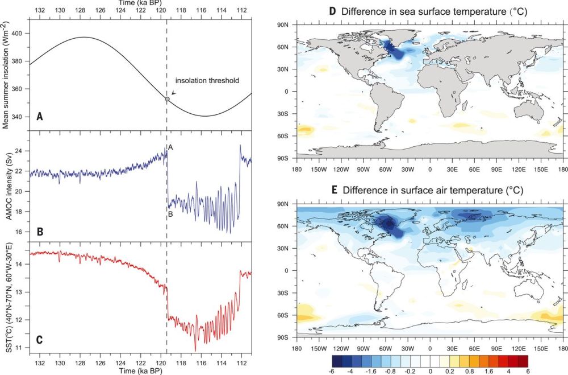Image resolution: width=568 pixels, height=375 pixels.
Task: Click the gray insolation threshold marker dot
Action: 167,98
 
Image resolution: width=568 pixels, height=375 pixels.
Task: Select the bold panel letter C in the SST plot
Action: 39,341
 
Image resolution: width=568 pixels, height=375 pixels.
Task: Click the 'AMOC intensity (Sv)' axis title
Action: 8,186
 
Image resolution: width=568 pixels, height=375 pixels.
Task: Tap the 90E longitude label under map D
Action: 496,167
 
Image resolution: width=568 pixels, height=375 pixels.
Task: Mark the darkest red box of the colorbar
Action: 522,360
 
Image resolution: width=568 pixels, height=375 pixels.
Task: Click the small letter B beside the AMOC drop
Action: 170,213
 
